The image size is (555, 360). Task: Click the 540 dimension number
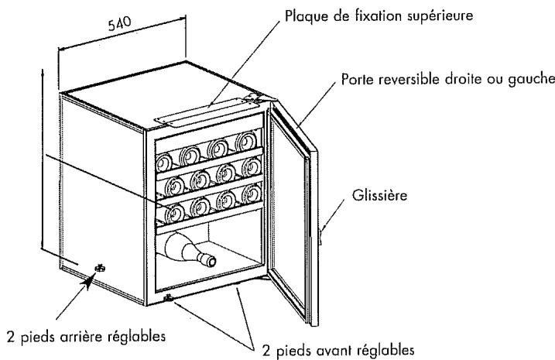point(119,24)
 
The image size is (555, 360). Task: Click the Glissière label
point(379,195)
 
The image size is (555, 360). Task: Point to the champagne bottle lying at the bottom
point(190,249)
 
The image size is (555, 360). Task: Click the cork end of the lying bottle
point(210,261)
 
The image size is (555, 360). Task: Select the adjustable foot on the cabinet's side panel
point(100,268)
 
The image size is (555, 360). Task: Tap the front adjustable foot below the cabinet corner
point(168,298)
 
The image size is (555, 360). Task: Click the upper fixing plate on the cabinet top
point(200,112)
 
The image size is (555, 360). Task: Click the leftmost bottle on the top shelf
point(164,163)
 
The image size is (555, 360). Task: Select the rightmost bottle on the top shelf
point(246,141)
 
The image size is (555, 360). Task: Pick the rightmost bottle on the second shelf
point(252,166)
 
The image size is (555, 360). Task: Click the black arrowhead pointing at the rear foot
point(88,281)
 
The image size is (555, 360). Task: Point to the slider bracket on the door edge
point(320,235)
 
